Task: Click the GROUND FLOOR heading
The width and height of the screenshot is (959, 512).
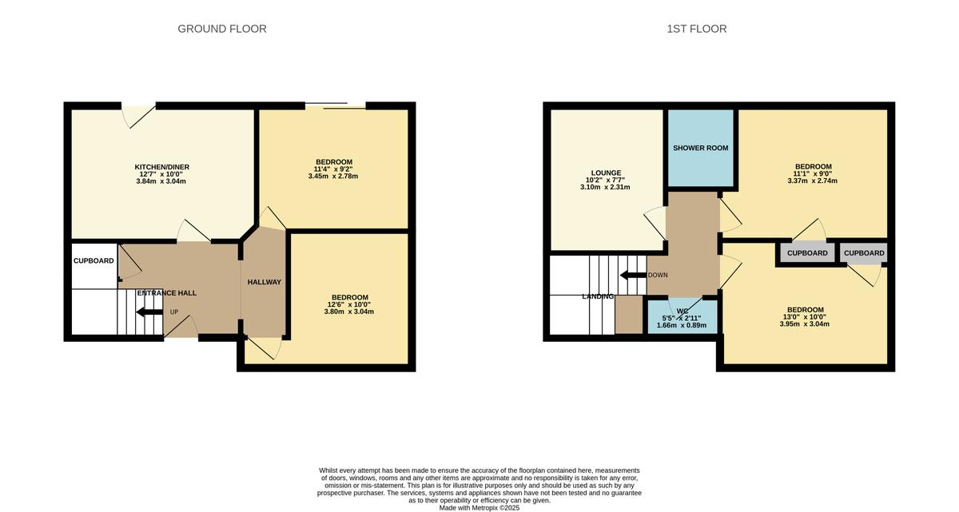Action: tap(222, 29)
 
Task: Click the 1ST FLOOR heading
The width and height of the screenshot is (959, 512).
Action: tap(697, 29)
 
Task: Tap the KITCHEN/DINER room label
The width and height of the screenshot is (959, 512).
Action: tap(161, 167)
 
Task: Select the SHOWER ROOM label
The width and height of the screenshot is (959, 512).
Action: tap(700, 148)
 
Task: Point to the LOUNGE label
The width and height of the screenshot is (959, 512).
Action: tap(606, 173)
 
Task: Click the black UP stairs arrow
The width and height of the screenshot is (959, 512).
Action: tap(149, 312)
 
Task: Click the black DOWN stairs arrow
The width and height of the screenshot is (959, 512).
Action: tap(633, 275)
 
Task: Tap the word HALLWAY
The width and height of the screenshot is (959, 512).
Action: tap(265, 282)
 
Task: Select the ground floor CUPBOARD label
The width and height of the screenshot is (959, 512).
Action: tap(94, 260)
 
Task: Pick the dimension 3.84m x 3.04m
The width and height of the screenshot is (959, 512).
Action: tap(161, 181)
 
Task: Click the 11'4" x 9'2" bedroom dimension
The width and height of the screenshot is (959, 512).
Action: tap(333, 169)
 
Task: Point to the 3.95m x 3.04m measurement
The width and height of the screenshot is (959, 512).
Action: tap(805, 323)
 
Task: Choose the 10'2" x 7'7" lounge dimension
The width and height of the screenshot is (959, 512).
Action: tap(605, 180)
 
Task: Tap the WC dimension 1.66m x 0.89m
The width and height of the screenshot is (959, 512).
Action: tap(682, 325)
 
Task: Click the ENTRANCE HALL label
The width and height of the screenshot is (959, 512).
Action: tap(167, 293)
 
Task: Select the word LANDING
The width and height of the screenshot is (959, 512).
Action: tap(598, 296)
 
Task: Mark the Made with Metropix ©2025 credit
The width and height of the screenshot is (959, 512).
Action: tap(479, 508)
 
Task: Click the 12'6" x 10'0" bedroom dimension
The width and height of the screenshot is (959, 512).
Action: tap(349, 304)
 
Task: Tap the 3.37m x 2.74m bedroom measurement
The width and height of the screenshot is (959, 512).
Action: tap(813, 181)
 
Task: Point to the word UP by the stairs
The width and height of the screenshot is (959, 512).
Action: tap(174, 312)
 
